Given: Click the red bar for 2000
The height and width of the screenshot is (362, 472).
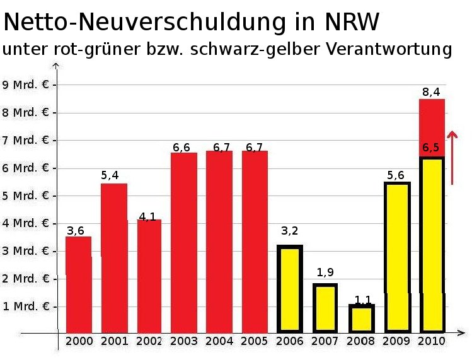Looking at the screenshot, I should tap(78, 284).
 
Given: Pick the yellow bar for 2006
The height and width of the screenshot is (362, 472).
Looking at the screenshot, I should tap(290, 288).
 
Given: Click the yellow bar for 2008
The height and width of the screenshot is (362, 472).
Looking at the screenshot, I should tap(362, 318).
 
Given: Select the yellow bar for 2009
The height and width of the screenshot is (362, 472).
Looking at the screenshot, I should tap(396, 257).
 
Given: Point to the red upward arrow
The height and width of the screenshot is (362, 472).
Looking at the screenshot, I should tap(452, 157).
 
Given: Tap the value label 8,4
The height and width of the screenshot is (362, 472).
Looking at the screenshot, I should tap(431, 92).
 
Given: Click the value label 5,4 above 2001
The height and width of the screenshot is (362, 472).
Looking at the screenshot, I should tap(110, 175).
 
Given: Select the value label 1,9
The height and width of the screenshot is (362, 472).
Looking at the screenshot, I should tap(325, 272).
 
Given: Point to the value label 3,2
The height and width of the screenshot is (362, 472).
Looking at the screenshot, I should tap(289, 231).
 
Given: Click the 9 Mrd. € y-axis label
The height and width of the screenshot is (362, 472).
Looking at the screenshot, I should tap(26, 85).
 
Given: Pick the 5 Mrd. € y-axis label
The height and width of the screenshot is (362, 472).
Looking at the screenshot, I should tap(26, 196).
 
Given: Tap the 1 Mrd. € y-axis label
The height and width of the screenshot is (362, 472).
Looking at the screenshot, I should tap(26, 307).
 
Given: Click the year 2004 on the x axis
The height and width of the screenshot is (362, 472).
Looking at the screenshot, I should tap(220, 341).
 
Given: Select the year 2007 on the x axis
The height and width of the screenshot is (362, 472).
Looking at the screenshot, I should tap(326, 341).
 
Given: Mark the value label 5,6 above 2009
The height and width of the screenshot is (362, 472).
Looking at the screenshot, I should tap(396, 175).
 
